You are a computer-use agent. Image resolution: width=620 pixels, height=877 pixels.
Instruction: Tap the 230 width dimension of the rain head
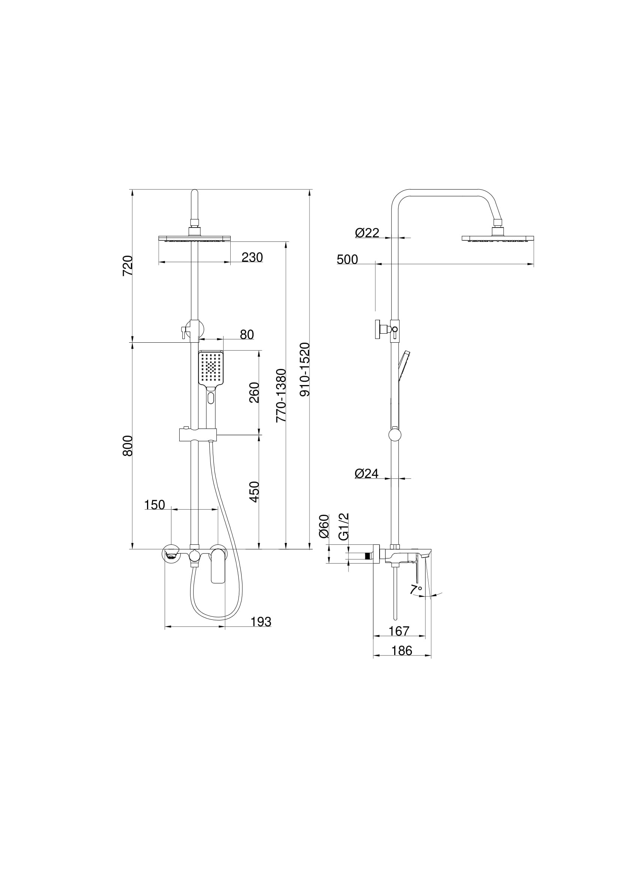[x=252, y=258]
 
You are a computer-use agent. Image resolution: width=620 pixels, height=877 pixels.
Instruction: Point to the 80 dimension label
[x=247, y=334]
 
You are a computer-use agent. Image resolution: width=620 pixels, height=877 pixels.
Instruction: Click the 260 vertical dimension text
[x=254, y=392]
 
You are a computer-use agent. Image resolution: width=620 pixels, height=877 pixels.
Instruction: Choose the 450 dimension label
[x=254, y=492]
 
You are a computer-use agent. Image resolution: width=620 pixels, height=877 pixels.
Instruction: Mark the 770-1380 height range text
[x=282, y=395]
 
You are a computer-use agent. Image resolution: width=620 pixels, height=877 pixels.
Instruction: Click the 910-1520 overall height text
[x=305, y=369]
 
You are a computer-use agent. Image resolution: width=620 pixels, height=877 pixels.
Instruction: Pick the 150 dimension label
[x=154, y=505]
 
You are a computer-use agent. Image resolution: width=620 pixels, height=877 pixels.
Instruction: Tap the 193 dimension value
[x=261, y=622]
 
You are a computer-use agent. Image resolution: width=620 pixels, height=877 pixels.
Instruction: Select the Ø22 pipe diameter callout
[x=367, y=232]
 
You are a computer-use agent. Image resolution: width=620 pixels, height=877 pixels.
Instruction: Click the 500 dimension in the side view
[x=347, y=260]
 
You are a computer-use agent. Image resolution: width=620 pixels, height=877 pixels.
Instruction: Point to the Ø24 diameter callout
[x=367, y=474]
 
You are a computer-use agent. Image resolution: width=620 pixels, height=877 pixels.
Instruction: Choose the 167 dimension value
[x=399, y=631]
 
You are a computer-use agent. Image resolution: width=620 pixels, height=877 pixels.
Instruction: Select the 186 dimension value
[x=402, y=651]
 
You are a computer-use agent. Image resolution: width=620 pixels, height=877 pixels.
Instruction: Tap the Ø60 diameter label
[x=324, y=526]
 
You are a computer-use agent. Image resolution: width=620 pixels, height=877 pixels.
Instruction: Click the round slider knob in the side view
[x=395, y=435]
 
